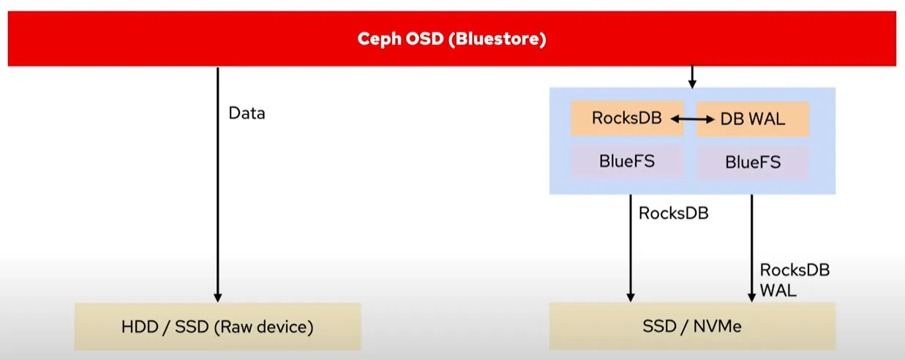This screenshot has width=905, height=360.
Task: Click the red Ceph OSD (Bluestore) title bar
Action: click(x=451, y=39)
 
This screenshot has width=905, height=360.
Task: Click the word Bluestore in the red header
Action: click(x=497, y=40)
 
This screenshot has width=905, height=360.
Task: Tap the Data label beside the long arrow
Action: click(x=247, y=113)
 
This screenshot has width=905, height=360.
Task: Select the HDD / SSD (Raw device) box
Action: click(x=218, y=326)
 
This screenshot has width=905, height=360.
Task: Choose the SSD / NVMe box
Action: click(x=692, y=326)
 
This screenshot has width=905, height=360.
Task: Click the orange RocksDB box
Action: click(x=627, y=118)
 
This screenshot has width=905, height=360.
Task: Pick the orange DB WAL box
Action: click(x=753, y=119)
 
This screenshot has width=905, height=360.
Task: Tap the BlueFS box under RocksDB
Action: click(x=627, y=161)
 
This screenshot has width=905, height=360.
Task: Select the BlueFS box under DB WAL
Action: click(x=753, y=162)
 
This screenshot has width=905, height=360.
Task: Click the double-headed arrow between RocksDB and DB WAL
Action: click(x=693, y=119)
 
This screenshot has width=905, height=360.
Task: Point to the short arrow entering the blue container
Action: click(x=692, y=77)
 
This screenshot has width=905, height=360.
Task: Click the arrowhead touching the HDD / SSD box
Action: click(x=218, y=298)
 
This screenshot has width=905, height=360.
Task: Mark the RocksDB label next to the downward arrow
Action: click(x=674, y=214)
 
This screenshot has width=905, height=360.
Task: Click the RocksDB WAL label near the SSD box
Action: click(x=795, y=280)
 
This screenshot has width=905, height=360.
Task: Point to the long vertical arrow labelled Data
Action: click(x=218, y=184)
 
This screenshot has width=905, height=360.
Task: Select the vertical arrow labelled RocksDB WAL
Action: click(x=751, y=248)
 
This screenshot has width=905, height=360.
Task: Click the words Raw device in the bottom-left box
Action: click(x=263, y=327)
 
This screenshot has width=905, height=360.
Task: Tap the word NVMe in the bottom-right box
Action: click(x=718, y=326)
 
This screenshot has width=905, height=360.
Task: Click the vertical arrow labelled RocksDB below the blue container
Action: click(x=630, y=248)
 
